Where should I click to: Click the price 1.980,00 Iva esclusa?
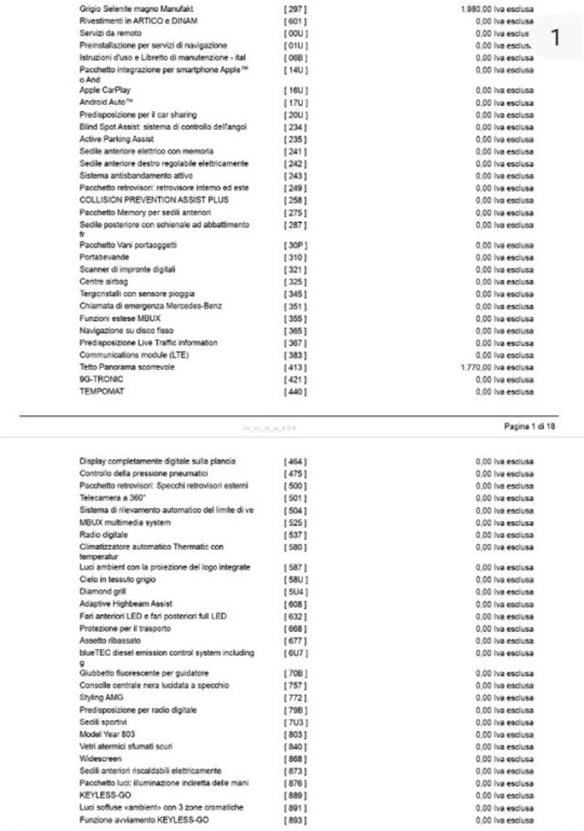tap(496, 9)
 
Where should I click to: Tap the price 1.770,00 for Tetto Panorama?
tap(496, 368)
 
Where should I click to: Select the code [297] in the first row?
tap(295, 9)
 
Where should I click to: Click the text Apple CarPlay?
tap(105, 90)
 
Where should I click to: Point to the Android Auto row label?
tap(106, 102)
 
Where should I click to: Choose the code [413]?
tap(295, 368)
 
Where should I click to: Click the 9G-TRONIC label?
tap(101, 379)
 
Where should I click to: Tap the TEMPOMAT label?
tap(102, 392)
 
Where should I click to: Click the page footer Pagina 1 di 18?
tap(529, 427)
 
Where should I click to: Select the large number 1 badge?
tap(555, 37)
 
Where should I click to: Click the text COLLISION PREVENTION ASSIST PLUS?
tap(154, 200)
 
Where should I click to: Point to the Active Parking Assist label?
tap(117, 139)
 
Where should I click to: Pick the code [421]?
tap(295, 380)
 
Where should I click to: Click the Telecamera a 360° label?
tap(113, 498)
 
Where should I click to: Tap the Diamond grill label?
tap(103, 591)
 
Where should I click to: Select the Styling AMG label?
tap(101, 697)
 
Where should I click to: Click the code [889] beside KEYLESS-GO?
tap(295, 795)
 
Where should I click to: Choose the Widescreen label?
tap(100, 759)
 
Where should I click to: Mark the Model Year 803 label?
tap(107, 734)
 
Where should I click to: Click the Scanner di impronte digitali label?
tap(127, 269)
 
